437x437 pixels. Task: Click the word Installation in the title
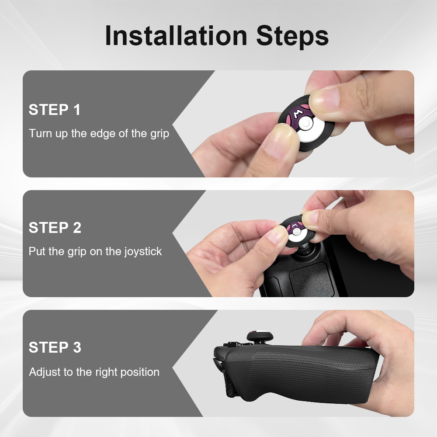point(176,36)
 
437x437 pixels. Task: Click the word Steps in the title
point(292,36)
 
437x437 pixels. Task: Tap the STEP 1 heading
point(55,110)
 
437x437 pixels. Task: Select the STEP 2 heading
point(55,228)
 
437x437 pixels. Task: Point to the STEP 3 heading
point(55,347)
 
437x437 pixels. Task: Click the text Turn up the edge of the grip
point(99,133)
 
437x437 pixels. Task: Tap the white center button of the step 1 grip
point(306,124)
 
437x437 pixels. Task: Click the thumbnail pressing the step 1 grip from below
point(277,140)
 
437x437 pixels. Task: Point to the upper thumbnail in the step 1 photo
point(324,99)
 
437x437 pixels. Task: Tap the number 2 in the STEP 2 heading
point(77,228)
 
